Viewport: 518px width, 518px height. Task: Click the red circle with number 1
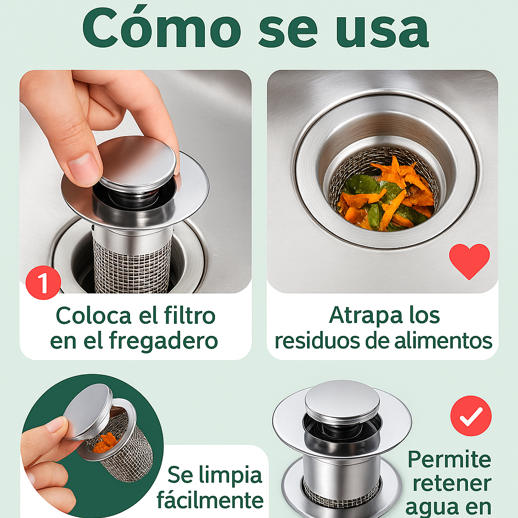tap(44, 282)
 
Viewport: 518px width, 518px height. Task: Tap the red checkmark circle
tap(471, 416)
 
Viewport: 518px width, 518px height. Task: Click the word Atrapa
tap(366, 316)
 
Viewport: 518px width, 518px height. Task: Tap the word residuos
tap(317, 341)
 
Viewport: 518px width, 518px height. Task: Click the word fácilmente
tap(210, 499)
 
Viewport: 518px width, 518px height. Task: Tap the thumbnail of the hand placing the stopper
tap(136, 182)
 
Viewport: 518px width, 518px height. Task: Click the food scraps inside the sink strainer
tap(385, 195)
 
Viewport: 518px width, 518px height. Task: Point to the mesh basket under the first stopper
tap(133, 264)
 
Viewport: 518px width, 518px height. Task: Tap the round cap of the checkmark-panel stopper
tap(342, 401)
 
